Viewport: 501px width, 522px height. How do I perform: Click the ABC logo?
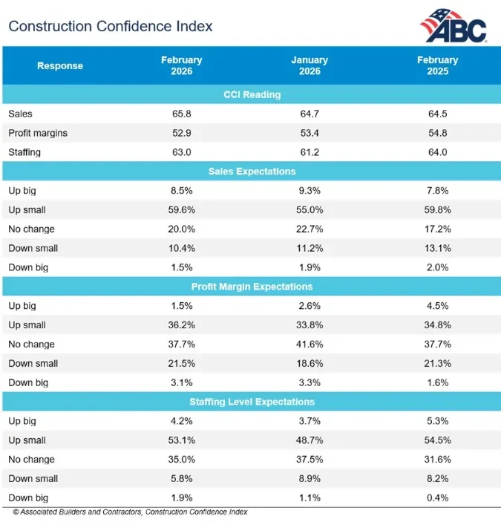[453, 26]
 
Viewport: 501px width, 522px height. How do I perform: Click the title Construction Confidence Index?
[111, 27]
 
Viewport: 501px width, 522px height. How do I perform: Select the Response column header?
[60, 66]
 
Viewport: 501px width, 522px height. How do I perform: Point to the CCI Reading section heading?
[252, 95]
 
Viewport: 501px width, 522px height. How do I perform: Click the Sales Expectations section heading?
[252, 172]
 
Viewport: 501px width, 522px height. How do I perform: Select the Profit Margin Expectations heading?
[252, 287]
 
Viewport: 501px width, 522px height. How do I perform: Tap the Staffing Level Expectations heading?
[252, 402]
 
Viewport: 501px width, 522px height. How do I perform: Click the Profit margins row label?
[37, 133]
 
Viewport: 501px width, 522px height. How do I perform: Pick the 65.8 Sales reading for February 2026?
[182, 114]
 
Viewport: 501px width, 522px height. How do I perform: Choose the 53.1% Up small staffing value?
[182, 440]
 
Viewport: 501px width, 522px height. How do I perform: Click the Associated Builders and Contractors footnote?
[130, 512]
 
